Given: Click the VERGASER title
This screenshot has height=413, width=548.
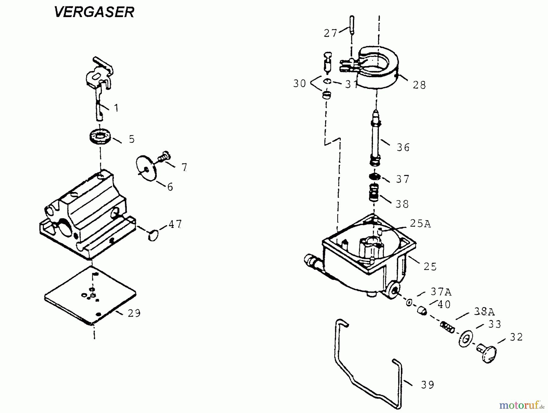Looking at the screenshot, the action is (94, 12).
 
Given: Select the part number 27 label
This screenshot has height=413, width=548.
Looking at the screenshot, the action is (330, 33).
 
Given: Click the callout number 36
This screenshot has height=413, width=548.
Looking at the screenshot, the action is (403, 147).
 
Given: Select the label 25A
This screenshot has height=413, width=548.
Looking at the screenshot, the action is (420, 224).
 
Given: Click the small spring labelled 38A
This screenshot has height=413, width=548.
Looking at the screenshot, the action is (447, 327).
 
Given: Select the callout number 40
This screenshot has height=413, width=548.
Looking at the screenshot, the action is (444, 304).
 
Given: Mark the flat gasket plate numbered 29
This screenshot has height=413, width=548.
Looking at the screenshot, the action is (90, 294).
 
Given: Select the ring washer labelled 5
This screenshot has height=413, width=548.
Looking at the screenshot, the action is (100, 135).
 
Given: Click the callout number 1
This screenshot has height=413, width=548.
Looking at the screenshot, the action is (116, 108).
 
